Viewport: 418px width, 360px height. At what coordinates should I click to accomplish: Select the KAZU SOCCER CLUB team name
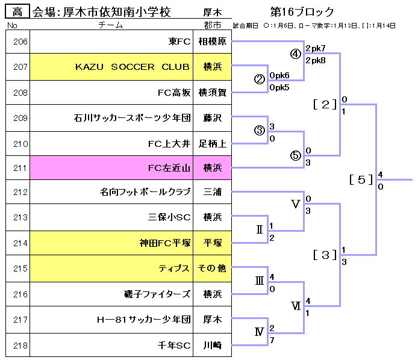(x=133, y=67)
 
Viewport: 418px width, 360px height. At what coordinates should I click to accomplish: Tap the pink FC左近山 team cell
(x=169, y=169)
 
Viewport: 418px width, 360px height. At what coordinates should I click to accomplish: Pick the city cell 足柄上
(x=212, y=143)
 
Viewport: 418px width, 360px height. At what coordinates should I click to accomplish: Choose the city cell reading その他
(x=212, y=268)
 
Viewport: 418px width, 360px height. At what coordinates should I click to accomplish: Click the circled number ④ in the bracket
(x=295, y=54)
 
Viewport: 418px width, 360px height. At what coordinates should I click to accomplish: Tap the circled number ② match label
(x=260, y=79)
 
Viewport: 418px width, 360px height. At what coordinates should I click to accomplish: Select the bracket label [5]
(x=361, y=179)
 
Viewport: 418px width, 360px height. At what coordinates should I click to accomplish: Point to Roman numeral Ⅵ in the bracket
(x=296, y=306)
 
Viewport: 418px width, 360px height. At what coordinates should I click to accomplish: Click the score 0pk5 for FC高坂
(x=280, y=87)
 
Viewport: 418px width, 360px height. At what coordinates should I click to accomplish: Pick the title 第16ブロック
(x=302, y=12)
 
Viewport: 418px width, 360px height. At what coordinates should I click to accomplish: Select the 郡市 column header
(x=213, y=25)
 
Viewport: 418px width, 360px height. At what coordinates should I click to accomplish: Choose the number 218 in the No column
(x=20, y=345)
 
